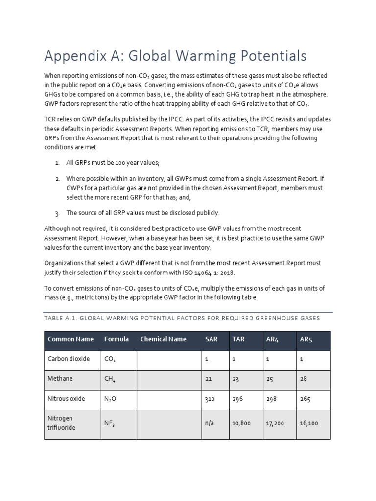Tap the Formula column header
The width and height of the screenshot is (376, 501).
coord(117,339)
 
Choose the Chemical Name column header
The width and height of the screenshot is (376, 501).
coord(164,339)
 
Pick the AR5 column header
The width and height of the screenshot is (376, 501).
coord(305,339)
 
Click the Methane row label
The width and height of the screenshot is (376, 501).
coord(60,379)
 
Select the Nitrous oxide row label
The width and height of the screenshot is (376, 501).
coord(66,399)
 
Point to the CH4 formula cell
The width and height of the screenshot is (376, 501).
coord(110,379)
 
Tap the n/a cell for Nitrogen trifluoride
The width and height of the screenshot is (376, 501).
coord(210,423)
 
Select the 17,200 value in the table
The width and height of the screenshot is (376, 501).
coord(276,423)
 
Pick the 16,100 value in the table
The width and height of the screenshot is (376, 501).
coord(309,423)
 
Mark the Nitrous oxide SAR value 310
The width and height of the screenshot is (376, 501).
coord(210,399)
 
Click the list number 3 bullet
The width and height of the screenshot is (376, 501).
coord(57,213)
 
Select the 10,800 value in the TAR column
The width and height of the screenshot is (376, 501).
coord(241,423)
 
